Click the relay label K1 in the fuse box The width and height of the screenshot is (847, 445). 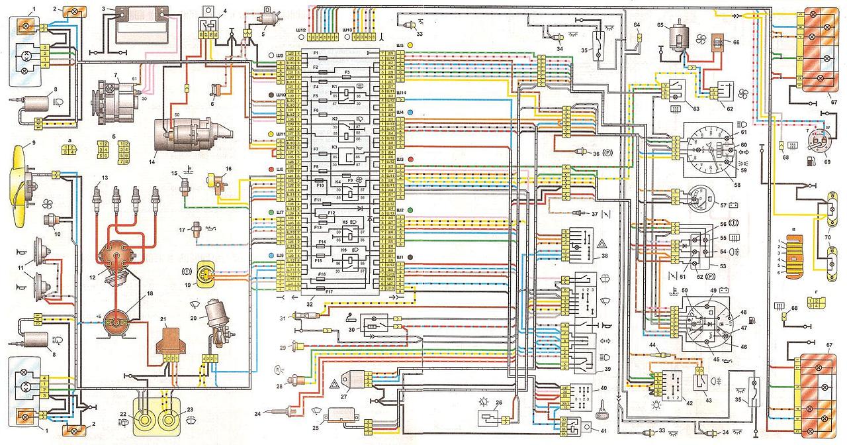[335, 87]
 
